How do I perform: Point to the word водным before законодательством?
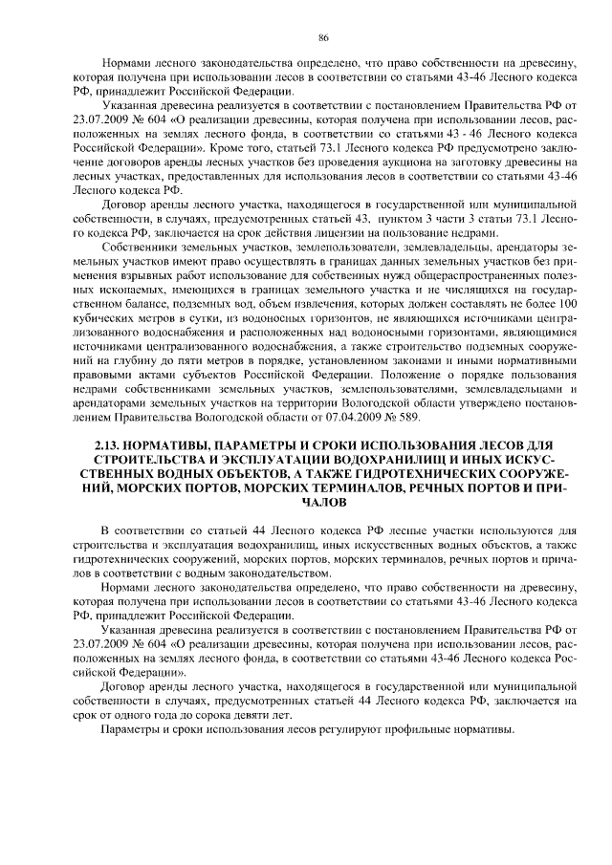(184, 573)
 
